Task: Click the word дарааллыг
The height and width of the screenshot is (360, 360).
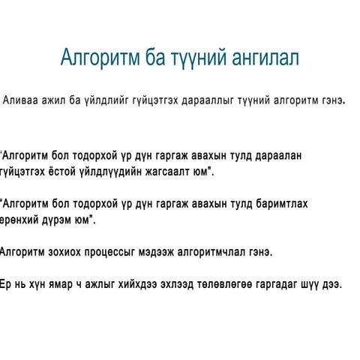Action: tap(203, 100)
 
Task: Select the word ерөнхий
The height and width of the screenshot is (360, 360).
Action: tap(22, 220)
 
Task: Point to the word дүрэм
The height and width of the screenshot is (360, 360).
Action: tap(63, 220)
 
